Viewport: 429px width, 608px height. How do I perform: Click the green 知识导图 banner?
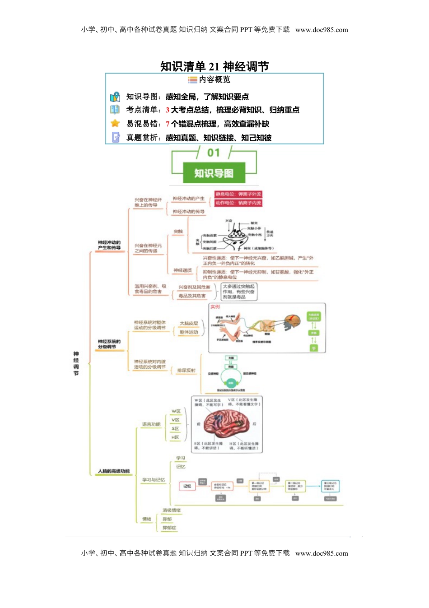pyautogui.click(x=214, y=173)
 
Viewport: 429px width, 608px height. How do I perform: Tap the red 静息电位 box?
pyautogui.click(x=238, y=194)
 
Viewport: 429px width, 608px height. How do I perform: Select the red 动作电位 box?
pyautogui.click(x=238, y=203)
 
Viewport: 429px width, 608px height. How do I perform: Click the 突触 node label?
pyautogui.click(x=178, y=232)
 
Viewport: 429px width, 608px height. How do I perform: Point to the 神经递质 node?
pyautogui.click(x=182, y=270)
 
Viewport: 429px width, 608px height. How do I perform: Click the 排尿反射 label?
pyautogui.click(x=186, y=371)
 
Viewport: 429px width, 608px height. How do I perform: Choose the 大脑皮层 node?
pyautogui.click(x=189, y=323)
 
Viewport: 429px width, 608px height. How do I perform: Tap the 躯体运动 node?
pyautogui.click(x=189, y=332)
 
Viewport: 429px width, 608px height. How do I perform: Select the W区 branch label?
pyautogui.click(x=176, y=411)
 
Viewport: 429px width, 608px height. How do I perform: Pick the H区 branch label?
pyautogui.click(x=175, y=437)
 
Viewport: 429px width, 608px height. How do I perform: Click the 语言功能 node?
pyautogui.click(x=151, y=424)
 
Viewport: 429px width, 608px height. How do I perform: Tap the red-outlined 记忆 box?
pyautogui.click(x=187, y=486)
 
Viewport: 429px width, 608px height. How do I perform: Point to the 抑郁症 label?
pyautogui.click(x=169, y=528)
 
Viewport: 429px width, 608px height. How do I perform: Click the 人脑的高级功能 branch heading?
pyautogui.click(x=114, y=471)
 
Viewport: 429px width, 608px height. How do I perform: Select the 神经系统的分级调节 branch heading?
pyautogui.click(x=109, y=344)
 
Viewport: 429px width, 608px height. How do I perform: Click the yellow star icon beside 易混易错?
pyautogui.click(x=115, y=123)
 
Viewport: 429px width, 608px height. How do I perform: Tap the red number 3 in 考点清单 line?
pyautogui.click(x=168, y=110)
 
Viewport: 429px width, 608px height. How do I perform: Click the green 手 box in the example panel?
pyautogui.click(x=313, y=348)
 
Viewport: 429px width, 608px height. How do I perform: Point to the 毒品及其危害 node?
pyautogui.click(x=192, y=296)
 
